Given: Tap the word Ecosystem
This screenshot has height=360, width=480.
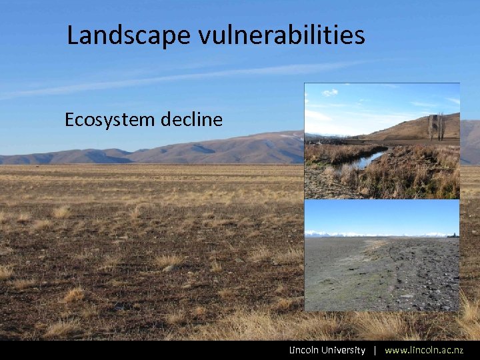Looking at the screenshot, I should click(109, 120).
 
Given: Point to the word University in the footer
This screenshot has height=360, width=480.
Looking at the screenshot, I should click(343, 350).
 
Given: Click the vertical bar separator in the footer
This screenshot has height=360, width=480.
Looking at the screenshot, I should click(375, 350).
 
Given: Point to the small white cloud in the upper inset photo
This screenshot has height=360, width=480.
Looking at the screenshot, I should click(330, 93).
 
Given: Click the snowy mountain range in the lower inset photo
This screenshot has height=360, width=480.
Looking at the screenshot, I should click(373, 234).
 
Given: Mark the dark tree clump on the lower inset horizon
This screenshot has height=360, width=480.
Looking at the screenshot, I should click(453, 235).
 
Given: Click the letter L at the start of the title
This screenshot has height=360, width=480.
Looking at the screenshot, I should click(73, 35).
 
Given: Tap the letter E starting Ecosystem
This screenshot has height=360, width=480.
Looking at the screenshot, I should click(69, 120).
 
